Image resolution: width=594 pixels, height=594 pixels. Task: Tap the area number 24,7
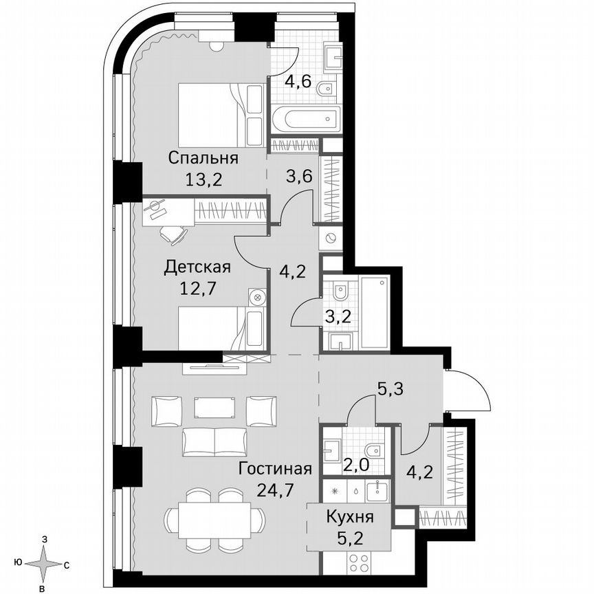click(275, 491)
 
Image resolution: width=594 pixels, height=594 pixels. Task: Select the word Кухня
click(351, 517)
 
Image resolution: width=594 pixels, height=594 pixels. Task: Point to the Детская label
click(197, 267)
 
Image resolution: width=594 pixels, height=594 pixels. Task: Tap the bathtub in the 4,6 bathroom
click(305, 120)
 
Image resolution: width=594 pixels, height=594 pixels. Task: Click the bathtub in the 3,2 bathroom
click(375, 313)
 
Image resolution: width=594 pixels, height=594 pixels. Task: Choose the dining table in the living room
click(212, 516)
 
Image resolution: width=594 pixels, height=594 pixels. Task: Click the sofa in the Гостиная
click(214, 441)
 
